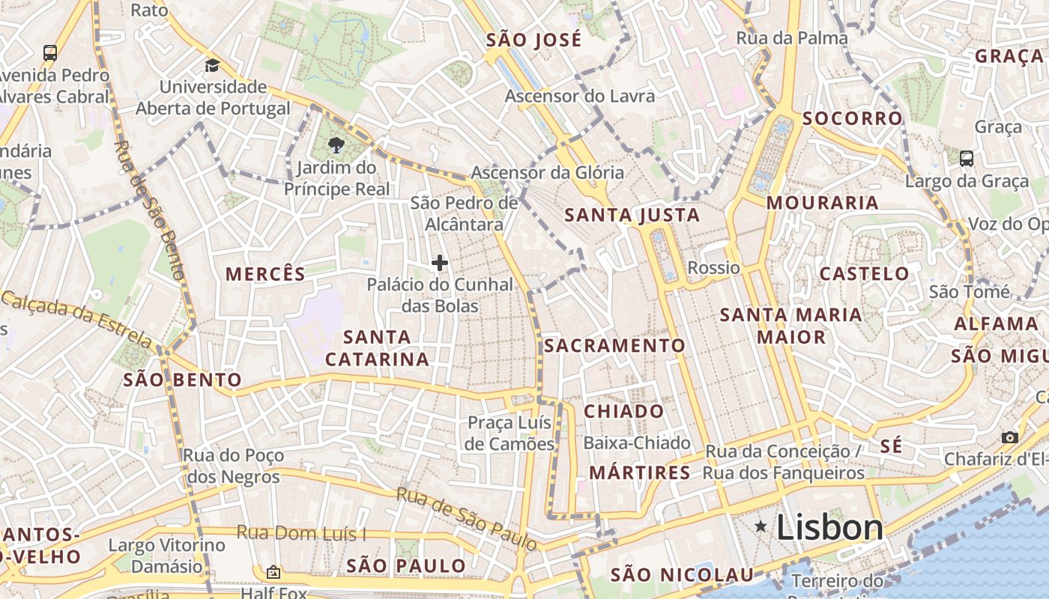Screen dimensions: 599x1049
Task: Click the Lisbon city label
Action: (829, 528)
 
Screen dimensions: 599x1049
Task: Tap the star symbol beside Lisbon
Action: (761, 527)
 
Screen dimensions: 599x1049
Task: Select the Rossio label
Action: (713, 268)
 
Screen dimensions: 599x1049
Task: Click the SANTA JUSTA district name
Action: (632, 216)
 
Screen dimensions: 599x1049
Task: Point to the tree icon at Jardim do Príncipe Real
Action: (336, 146)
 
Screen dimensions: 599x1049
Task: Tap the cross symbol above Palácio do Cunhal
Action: (440, 263)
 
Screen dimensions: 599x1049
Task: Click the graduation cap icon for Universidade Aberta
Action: (212, 65)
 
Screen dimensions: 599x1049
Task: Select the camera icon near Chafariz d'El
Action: (1010, 437)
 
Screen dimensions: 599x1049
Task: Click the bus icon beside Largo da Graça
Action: (967, 159)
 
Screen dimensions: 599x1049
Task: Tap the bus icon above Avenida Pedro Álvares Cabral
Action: (50, 53)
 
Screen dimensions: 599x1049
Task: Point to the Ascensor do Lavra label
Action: (579, 96)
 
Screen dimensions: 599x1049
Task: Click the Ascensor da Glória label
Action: (547, 173)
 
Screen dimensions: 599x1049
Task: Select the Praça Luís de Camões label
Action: (510, 433)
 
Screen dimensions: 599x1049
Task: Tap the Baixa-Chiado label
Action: (636, 443)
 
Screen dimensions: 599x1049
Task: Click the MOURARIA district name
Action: (822, 203)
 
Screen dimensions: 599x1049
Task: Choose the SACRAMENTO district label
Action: (614, 345)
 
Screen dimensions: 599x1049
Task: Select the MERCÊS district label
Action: (265, 274)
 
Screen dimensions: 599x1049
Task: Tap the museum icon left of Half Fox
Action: (273, 572)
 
